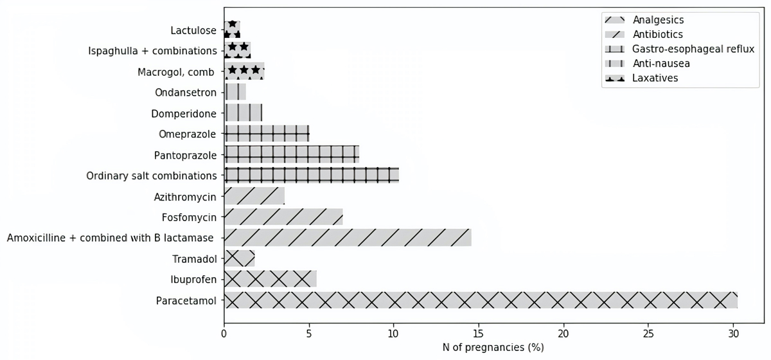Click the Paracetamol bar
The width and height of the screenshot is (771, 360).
[x=481, y=300]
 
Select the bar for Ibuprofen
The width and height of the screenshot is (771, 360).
[x=270, y=279]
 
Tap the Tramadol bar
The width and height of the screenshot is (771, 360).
[x=239, y=259]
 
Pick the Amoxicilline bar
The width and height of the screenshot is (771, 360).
[x=348, y=238]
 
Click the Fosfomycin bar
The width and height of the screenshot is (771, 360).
[x=283, y=217]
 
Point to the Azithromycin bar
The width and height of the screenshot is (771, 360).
[x=254, y=196]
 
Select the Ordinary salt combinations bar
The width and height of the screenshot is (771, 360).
[x=312, y=175]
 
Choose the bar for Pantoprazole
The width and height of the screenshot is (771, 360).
[x=292, y=155]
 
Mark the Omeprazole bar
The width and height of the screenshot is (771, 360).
[x=267, y=134]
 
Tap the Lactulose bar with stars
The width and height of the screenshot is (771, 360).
[x=232, y=30]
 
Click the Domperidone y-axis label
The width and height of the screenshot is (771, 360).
[x=184, y=114]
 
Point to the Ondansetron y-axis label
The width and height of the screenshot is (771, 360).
[x=185, y=93]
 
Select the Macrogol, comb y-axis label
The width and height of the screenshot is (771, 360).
[x=175, y=72]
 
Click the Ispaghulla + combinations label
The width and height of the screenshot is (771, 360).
[x=152, y=51]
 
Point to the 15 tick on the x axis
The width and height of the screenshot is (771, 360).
[x=479, y=334]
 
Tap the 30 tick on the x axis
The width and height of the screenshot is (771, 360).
[x=733, y=334]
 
